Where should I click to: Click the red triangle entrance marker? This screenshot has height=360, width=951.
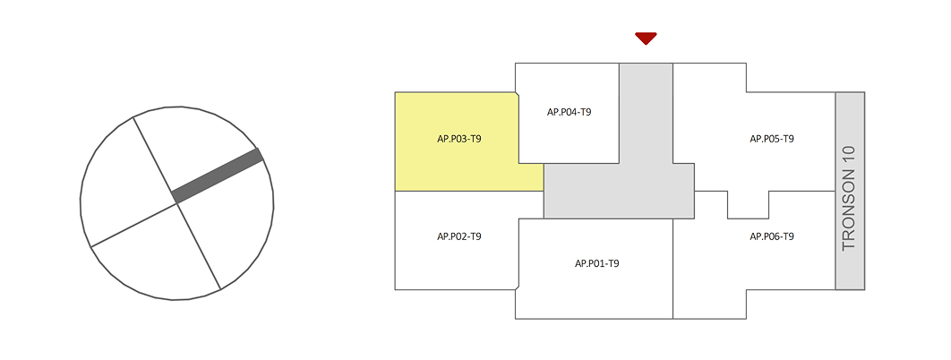(x=646, y=38)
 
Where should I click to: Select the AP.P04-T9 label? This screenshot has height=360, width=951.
(x=569, y=112)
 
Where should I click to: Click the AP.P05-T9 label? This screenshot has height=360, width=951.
(x=772, y=139)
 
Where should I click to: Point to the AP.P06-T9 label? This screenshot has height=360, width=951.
(x=772, y=236)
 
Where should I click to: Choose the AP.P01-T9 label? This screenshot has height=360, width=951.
(x=597, y=263)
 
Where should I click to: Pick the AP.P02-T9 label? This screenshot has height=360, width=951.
(x=459, y=236)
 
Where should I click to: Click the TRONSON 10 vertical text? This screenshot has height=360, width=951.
(x=849, y=198)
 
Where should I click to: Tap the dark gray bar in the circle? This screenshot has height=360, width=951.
(x=218, y=176)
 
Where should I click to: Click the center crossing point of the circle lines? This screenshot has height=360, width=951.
(x=176, y=203)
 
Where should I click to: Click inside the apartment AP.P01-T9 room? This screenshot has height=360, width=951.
(x=595, y=287)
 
